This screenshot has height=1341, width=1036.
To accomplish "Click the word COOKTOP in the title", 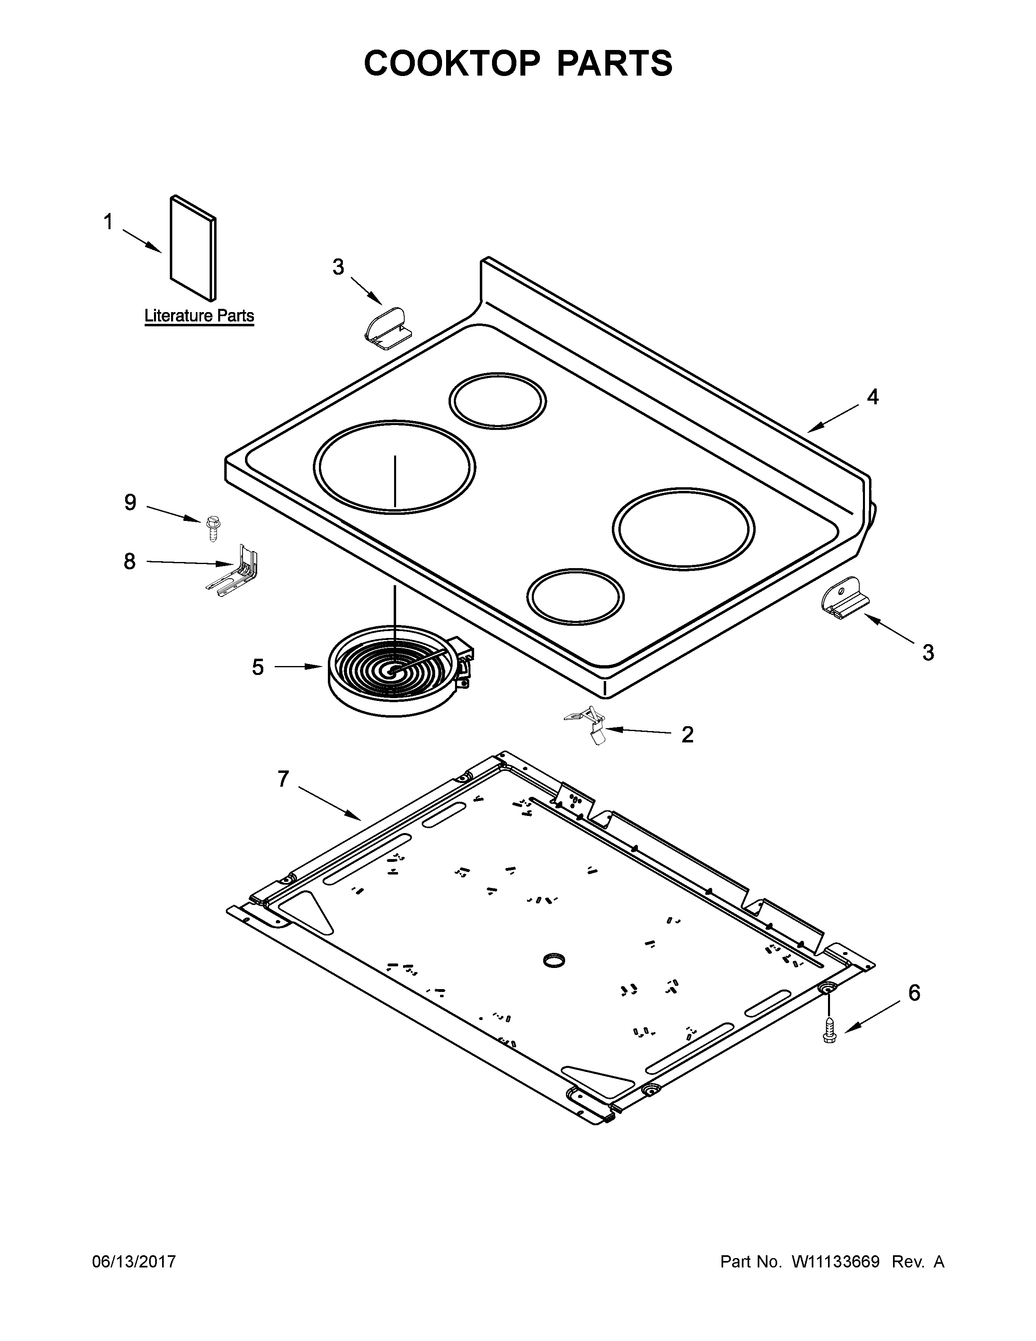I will point(452,63).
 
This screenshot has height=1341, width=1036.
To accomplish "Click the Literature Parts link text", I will point(199,316).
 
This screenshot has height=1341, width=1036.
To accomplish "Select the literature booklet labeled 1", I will point(193,249).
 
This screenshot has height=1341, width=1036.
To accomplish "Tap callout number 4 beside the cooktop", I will point(872,397).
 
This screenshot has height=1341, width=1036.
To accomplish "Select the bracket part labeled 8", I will point(236,571).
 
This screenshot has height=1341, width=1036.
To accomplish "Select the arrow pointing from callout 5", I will point(298,666).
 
